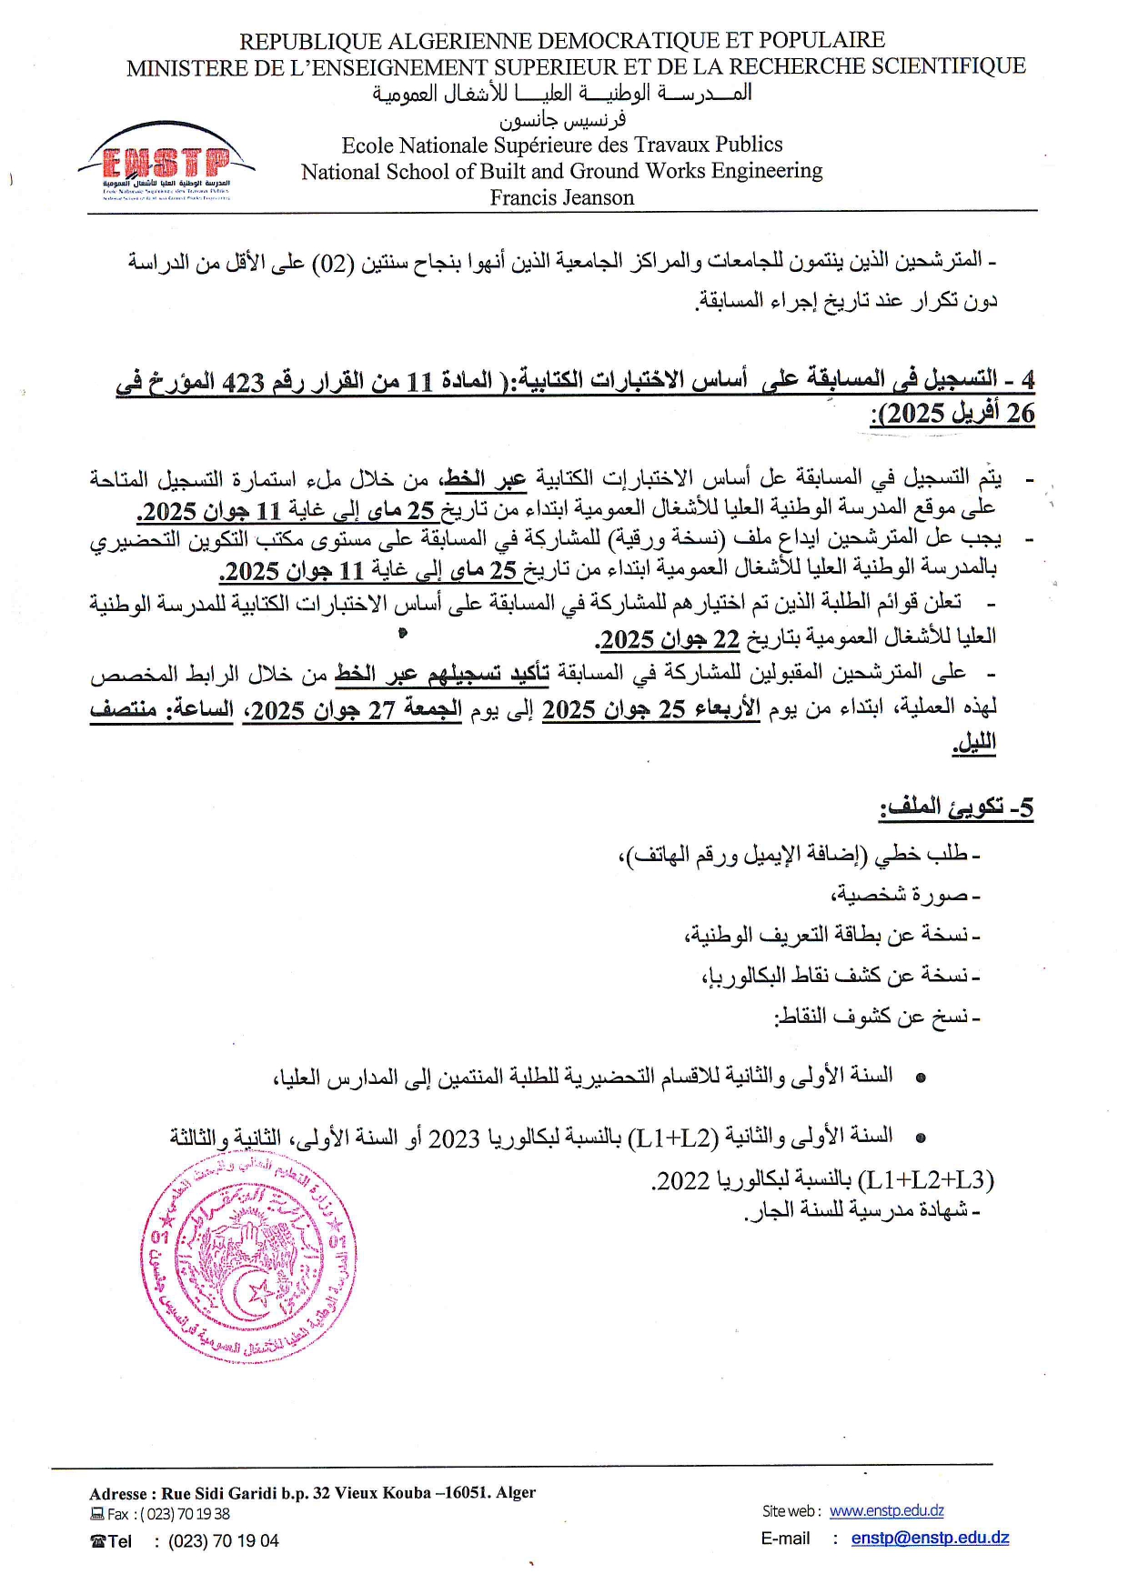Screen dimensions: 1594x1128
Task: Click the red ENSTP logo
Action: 166,164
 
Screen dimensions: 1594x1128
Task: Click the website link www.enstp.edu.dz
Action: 886,1510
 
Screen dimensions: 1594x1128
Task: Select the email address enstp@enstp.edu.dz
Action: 930,1538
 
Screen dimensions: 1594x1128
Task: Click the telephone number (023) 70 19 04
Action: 224,1540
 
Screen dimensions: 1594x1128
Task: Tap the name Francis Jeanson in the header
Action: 561,197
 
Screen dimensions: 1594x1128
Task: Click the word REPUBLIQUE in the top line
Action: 310,41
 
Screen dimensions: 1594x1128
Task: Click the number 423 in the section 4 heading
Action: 243,382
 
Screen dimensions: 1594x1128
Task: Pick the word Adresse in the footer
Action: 118,1492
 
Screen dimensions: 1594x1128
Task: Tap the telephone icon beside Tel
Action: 98,1540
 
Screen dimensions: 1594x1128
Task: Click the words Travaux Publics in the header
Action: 710,145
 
